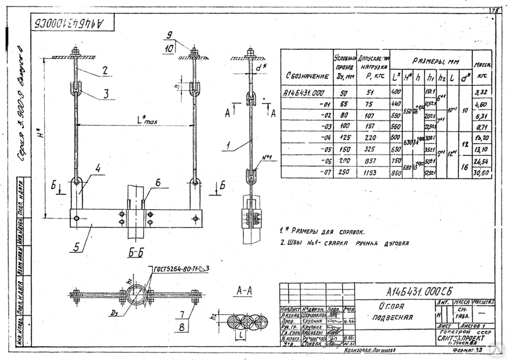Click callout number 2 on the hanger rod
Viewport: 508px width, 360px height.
pyautogui.click(x=104, y=71)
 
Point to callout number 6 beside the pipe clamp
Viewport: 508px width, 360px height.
pyautogui.click(x=158, y=182)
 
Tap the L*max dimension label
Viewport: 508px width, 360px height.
pyautogui.click(x=147, y=121)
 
